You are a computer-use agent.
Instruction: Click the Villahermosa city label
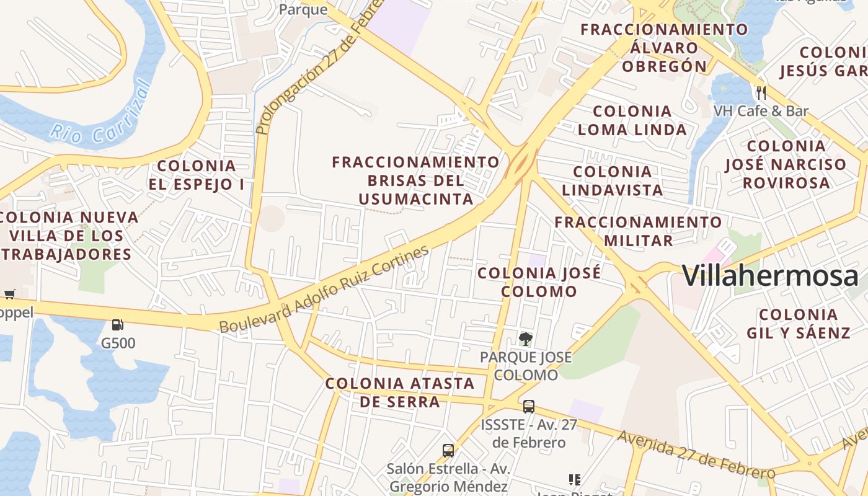(770, 276)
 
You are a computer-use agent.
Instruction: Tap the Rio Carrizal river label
(102, 116)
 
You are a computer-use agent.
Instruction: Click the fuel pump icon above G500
(117, 325)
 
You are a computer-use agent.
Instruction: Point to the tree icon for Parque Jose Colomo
(526, 339)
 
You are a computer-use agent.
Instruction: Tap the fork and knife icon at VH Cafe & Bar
(761, 93)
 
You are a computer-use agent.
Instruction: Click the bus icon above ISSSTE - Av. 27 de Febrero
(528, 407)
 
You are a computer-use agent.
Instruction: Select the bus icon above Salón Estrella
(448, 451)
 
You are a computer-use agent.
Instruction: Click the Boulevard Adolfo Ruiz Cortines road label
(324, 289)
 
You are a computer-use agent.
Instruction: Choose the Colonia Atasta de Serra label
(400, 392)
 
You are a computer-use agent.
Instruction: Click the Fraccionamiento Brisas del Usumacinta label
(415, 180)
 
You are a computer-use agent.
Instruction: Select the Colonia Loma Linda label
(632, 120)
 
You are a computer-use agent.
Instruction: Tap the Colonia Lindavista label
(613, 180)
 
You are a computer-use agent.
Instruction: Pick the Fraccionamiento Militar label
(638, 231)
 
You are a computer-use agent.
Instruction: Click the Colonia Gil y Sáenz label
(799, 323)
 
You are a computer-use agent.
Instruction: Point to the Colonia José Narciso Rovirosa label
(786, 164)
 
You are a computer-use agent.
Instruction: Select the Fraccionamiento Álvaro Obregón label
(664, 48)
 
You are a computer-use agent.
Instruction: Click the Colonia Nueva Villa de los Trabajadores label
(68, 236)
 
